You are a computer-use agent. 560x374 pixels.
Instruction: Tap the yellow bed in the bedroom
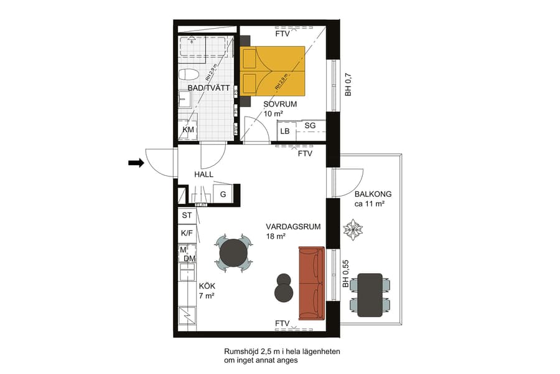pos(274,69)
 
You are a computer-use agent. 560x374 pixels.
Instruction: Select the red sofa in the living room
pos(312,283)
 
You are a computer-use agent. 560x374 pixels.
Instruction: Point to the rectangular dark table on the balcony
pos(370,294)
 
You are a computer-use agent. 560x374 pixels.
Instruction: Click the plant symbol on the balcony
pos(353,229)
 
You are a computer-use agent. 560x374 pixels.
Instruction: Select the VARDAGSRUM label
pos(292,227)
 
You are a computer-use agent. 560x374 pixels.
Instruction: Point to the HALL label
pos(204,175)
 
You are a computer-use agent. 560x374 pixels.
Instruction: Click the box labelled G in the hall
pos(223,194)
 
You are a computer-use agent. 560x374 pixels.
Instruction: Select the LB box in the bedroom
pos(285,132)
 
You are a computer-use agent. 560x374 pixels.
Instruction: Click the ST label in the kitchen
pos(186,215)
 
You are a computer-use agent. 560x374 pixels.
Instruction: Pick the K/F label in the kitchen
pos(186,233)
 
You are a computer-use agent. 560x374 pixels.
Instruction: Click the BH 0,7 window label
pos(349,85)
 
